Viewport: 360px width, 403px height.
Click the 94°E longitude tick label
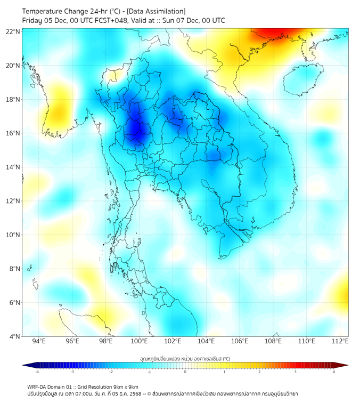(x=39, y=341)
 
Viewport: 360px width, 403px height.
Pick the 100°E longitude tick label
(x=140, y=341)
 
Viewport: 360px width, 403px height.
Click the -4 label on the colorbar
(x=37, y=372)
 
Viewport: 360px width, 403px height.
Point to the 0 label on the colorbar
(x=185, y=372)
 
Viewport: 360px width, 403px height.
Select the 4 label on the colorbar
(x=333, y=372)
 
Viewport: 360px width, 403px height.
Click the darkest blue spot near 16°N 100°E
(x=135, y=131)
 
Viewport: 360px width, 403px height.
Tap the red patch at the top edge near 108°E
(x=272, y=35)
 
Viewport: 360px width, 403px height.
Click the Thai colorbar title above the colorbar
(x=185, y=359)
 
